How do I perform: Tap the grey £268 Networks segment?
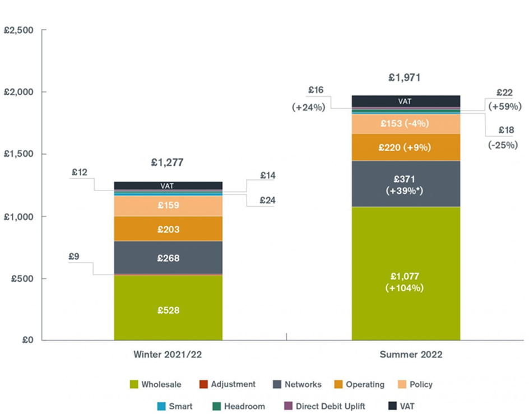168,258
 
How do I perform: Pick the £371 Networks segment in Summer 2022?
405,184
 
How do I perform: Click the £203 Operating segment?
168,229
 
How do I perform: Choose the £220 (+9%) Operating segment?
405,147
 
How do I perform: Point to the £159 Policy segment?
168,205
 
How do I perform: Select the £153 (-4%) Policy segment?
405,123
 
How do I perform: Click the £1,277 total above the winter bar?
167,163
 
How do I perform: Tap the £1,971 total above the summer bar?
405,77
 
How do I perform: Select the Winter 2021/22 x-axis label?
167,355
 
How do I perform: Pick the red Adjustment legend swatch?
203,385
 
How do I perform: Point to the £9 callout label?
75,257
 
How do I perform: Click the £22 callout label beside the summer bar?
505,93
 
